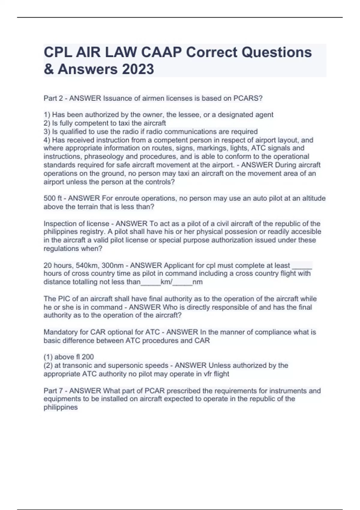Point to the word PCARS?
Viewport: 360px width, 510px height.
point(248,98)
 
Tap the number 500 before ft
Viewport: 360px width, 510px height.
point(49,198)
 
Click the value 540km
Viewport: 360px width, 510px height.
point(87,265)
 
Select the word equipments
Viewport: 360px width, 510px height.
point(61,399)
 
